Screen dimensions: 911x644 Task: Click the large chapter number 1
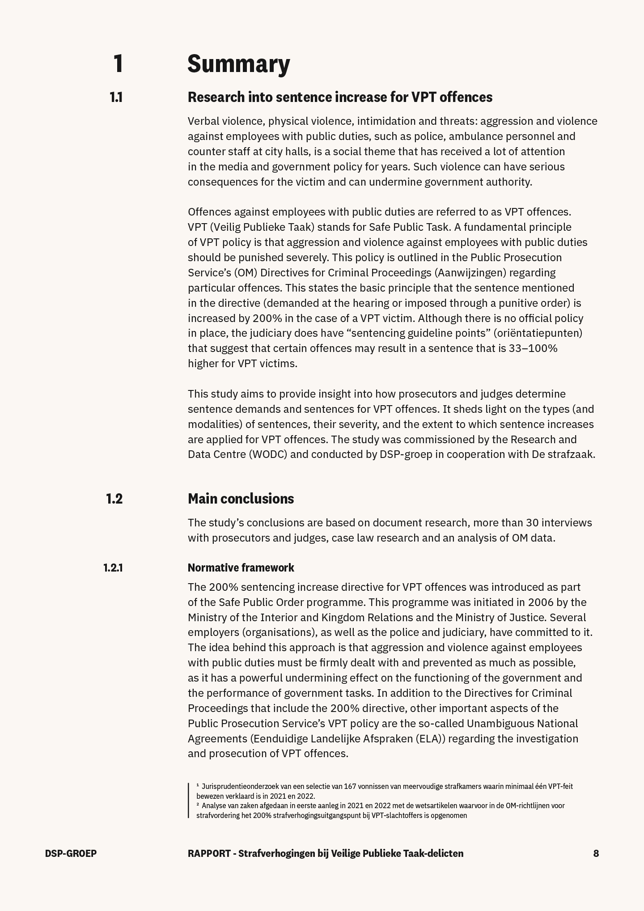118,64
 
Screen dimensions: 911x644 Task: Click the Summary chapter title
238,64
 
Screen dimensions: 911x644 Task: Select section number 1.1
116,97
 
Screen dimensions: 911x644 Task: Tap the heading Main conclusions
241,499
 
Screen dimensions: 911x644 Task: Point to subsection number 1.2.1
113,568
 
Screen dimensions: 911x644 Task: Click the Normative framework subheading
241,568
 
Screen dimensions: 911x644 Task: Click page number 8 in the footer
596,853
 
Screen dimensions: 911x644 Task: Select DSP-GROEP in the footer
71,853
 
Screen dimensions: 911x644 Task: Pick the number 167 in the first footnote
350,786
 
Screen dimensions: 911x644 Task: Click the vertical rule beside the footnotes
189,801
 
